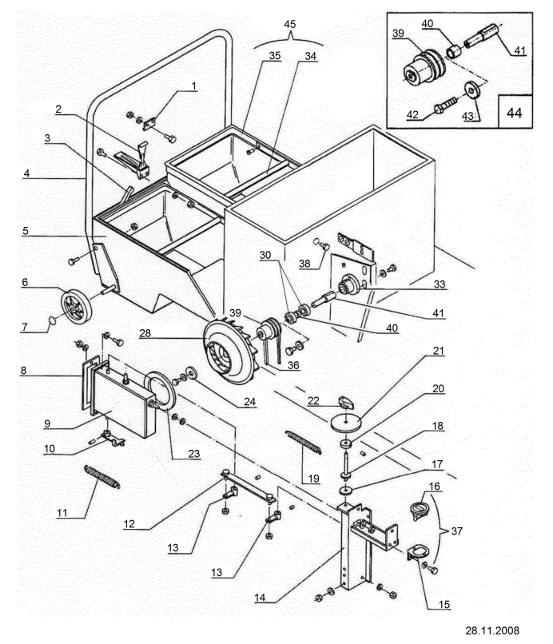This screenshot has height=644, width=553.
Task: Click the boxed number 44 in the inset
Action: pos(515,112)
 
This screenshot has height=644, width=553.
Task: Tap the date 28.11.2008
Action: pos(492,630)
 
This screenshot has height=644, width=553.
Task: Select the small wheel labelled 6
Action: pos(77,304)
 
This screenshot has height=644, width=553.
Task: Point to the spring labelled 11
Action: pos(102,476)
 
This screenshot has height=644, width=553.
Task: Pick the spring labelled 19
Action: pos(304,443)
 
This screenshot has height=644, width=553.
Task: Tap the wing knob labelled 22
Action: pos(345,402)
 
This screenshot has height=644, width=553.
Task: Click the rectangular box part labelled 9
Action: pos(124,402)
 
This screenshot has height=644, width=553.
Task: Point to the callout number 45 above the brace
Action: pos(289,24)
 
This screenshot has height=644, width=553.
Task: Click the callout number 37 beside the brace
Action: pos(457,531)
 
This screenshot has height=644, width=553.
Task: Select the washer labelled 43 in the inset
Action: pos(471,90)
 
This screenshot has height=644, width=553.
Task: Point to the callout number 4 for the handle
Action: pos(26,173)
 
